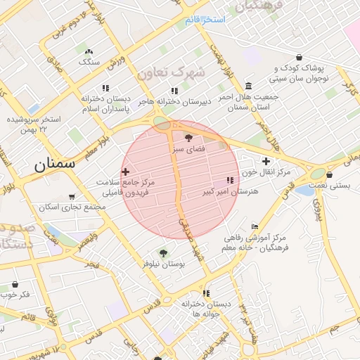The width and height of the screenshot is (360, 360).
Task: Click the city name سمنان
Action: [x=53, y=166]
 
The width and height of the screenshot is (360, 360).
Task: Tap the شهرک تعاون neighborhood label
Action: [x=172, y=72]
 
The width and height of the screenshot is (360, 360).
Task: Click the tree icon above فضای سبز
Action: [x=188, y=138]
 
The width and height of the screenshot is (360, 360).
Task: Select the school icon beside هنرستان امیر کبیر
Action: [x=231, y=180]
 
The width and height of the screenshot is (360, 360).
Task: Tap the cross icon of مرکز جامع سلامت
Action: [x=125, y=172]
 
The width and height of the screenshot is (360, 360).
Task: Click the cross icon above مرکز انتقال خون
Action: [x=266, y=161]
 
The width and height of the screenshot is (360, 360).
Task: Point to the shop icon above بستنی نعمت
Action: [x=329, y=174]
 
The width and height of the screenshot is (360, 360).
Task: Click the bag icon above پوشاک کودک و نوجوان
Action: [x=300, y=57]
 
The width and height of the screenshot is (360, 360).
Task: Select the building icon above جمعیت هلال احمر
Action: [x=249, y=85]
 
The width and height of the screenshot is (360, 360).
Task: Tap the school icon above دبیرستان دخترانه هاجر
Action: [x=174, y=91]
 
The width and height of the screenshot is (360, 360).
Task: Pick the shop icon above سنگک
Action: [x=89, y=51]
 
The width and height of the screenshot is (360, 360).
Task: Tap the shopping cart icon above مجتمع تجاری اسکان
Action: [x=71, y=197]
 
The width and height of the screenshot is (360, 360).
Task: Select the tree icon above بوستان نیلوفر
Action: [x=163, y=253]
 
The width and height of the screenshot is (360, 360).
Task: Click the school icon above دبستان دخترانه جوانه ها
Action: [x=205, y=293]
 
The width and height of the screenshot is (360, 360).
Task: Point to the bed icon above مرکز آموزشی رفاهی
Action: [x=255, y=226]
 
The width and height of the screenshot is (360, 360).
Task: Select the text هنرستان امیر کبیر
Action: [x=231, y=191]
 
